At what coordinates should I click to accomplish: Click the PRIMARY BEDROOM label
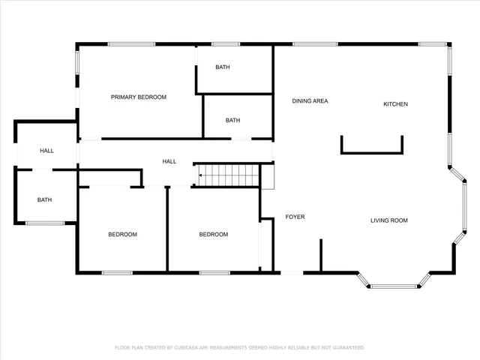[x=139, y=97]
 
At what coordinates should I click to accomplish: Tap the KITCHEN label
[x=395, y=104]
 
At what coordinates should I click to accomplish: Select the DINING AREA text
[x=310, y=101]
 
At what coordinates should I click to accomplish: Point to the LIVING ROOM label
[x=388, y=220]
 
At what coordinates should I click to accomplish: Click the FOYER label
[x=295, y=217]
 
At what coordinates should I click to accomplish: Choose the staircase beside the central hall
[x=229, y=175]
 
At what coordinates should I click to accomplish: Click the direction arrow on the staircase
[x=201, y=176]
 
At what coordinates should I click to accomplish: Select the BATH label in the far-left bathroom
[x=45, y=200]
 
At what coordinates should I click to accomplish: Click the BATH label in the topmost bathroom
[x=223, y=67]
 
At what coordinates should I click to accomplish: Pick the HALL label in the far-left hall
[x=46, y=151]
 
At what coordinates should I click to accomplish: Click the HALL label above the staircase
[x=169, y=161]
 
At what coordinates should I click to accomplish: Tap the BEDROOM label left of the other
[x=122, y=235]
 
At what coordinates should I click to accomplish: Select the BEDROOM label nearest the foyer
[x=213, y=235]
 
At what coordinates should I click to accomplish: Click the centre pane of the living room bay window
[x=394, y=286]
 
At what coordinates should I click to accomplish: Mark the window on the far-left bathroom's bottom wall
[x=45, y=223]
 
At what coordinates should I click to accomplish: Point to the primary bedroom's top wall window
[x=131, y=43]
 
